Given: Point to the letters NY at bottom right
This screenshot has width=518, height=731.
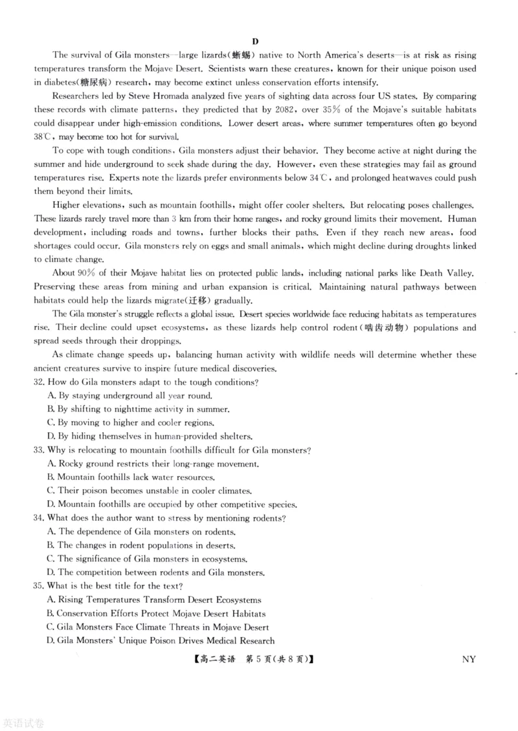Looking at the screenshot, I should [x=469, y=659].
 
